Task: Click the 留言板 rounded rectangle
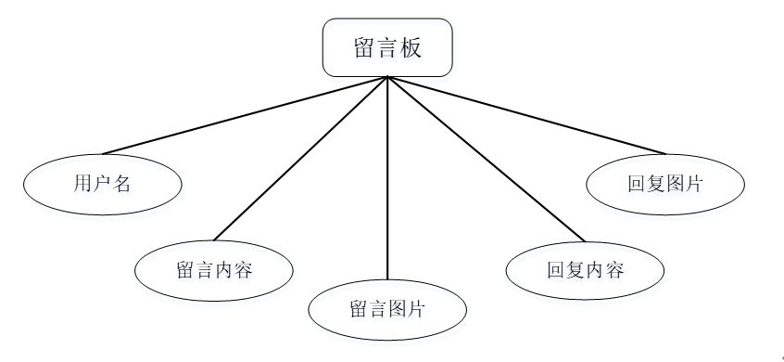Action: tap(387, 47)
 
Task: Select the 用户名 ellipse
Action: tap(102, 183)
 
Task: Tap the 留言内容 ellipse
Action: tap(214, 270)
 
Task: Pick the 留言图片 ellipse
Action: tap(386, 309)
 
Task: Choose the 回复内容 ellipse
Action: tap(585, 270)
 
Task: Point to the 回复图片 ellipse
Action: tap(664, 183)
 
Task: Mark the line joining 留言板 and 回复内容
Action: tap(487, 158)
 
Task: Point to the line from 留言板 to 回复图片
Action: tap(526, 115)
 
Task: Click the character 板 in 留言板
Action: tap(411, 48)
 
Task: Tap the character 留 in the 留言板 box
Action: tap(364, 48)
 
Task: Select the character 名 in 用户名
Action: tap(121, 184)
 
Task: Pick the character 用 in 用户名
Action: tap(82, 184)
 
